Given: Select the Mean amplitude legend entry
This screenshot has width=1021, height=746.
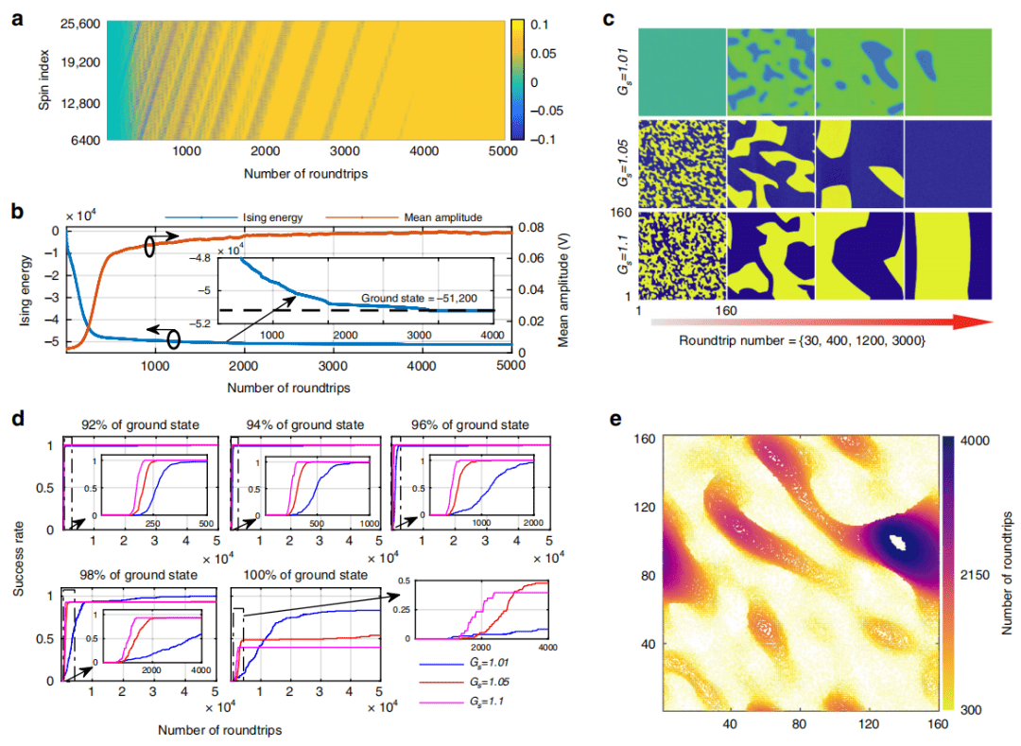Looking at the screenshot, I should pyautogui.click(x=398, y=216).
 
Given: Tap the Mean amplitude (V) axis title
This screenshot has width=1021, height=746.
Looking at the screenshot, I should pyautogui.click(x=565, y=284).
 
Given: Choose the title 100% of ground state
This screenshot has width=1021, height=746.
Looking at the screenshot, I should pyautogui.click(x=305, y=573).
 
